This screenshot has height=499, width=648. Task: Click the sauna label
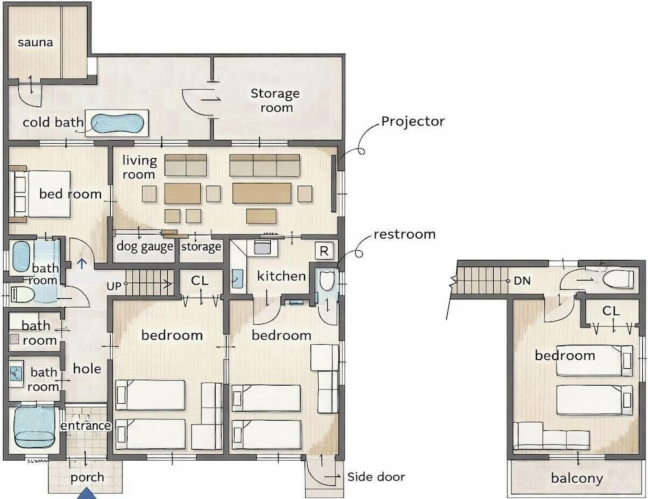click(x=35, y=42)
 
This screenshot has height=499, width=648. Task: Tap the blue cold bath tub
click(x=117, y=123)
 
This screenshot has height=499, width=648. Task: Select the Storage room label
click(x=275, y=100)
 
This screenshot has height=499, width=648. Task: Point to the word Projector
click(x=413, y=121)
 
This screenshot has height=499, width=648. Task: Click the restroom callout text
click(x=404, y=235)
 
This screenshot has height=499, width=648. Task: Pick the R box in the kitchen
click(x=325, y=251)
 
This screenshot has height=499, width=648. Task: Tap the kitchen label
click(x=281, y=276)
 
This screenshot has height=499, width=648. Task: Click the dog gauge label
click(x=145, y=247)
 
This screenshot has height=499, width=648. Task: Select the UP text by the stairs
click(x=113, y=286)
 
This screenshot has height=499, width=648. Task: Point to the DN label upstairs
click(x=522, y=281)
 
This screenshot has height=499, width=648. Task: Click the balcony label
click(x=577, y=478)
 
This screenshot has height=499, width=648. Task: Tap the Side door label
click(x=376, y=477)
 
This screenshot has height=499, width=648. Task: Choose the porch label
click(x=87, y=478)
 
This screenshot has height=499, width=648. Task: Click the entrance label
click(x=86, y=426)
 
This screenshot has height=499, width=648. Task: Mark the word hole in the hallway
click(x=87, y=368)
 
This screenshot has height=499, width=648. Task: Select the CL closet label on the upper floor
click(x=611, y=310)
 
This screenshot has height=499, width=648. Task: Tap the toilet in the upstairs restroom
click(x=618, y=279)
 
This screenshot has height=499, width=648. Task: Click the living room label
click(x=139, y=167)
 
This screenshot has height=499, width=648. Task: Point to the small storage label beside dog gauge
click(x=201, y=247)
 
